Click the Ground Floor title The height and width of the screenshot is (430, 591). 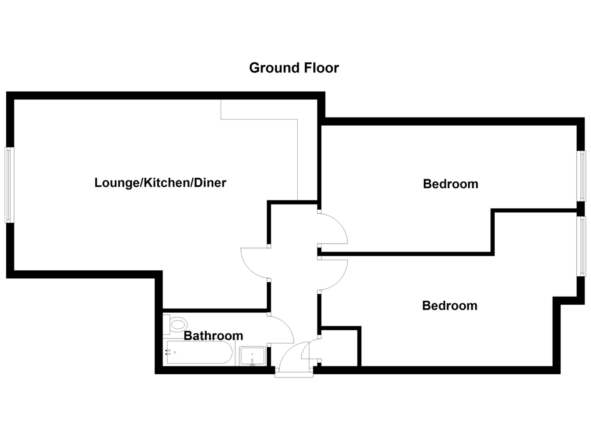click(294, 68)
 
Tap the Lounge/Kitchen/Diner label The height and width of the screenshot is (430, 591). click(160, 183)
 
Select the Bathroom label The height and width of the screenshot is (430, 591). click(213, 336)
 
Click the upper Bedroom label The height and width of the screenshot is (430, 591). click(450, 184)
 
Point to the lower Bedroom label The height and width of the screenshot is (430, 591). click(450, 306)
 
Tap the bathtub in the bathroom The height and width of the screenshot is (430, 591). click(199, 352)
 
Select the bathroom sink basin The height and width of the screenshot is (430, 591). click(252, 356)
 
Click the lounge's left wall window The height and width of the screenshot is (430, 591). click(9, 185)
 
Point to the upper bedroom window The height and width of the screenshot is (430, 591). click(581, 176)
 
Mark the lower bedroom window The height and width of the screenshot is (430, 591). click(581, 246)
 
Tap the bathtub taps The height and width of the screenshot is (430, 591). click(168, 352)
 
